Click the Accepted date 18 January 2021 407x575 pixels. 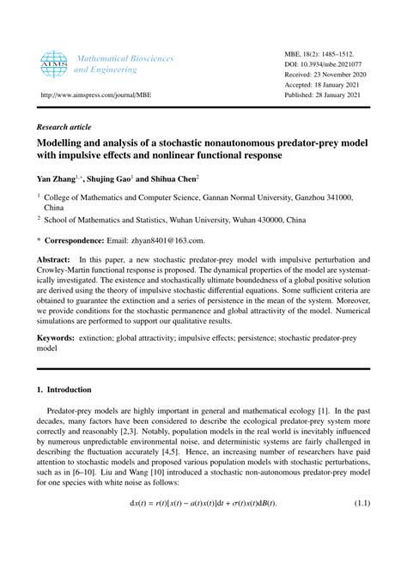pyautogui.click(x=327, y=85)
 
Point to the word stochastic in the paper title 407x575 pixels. pyautogui.click(x=209, y=143)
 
